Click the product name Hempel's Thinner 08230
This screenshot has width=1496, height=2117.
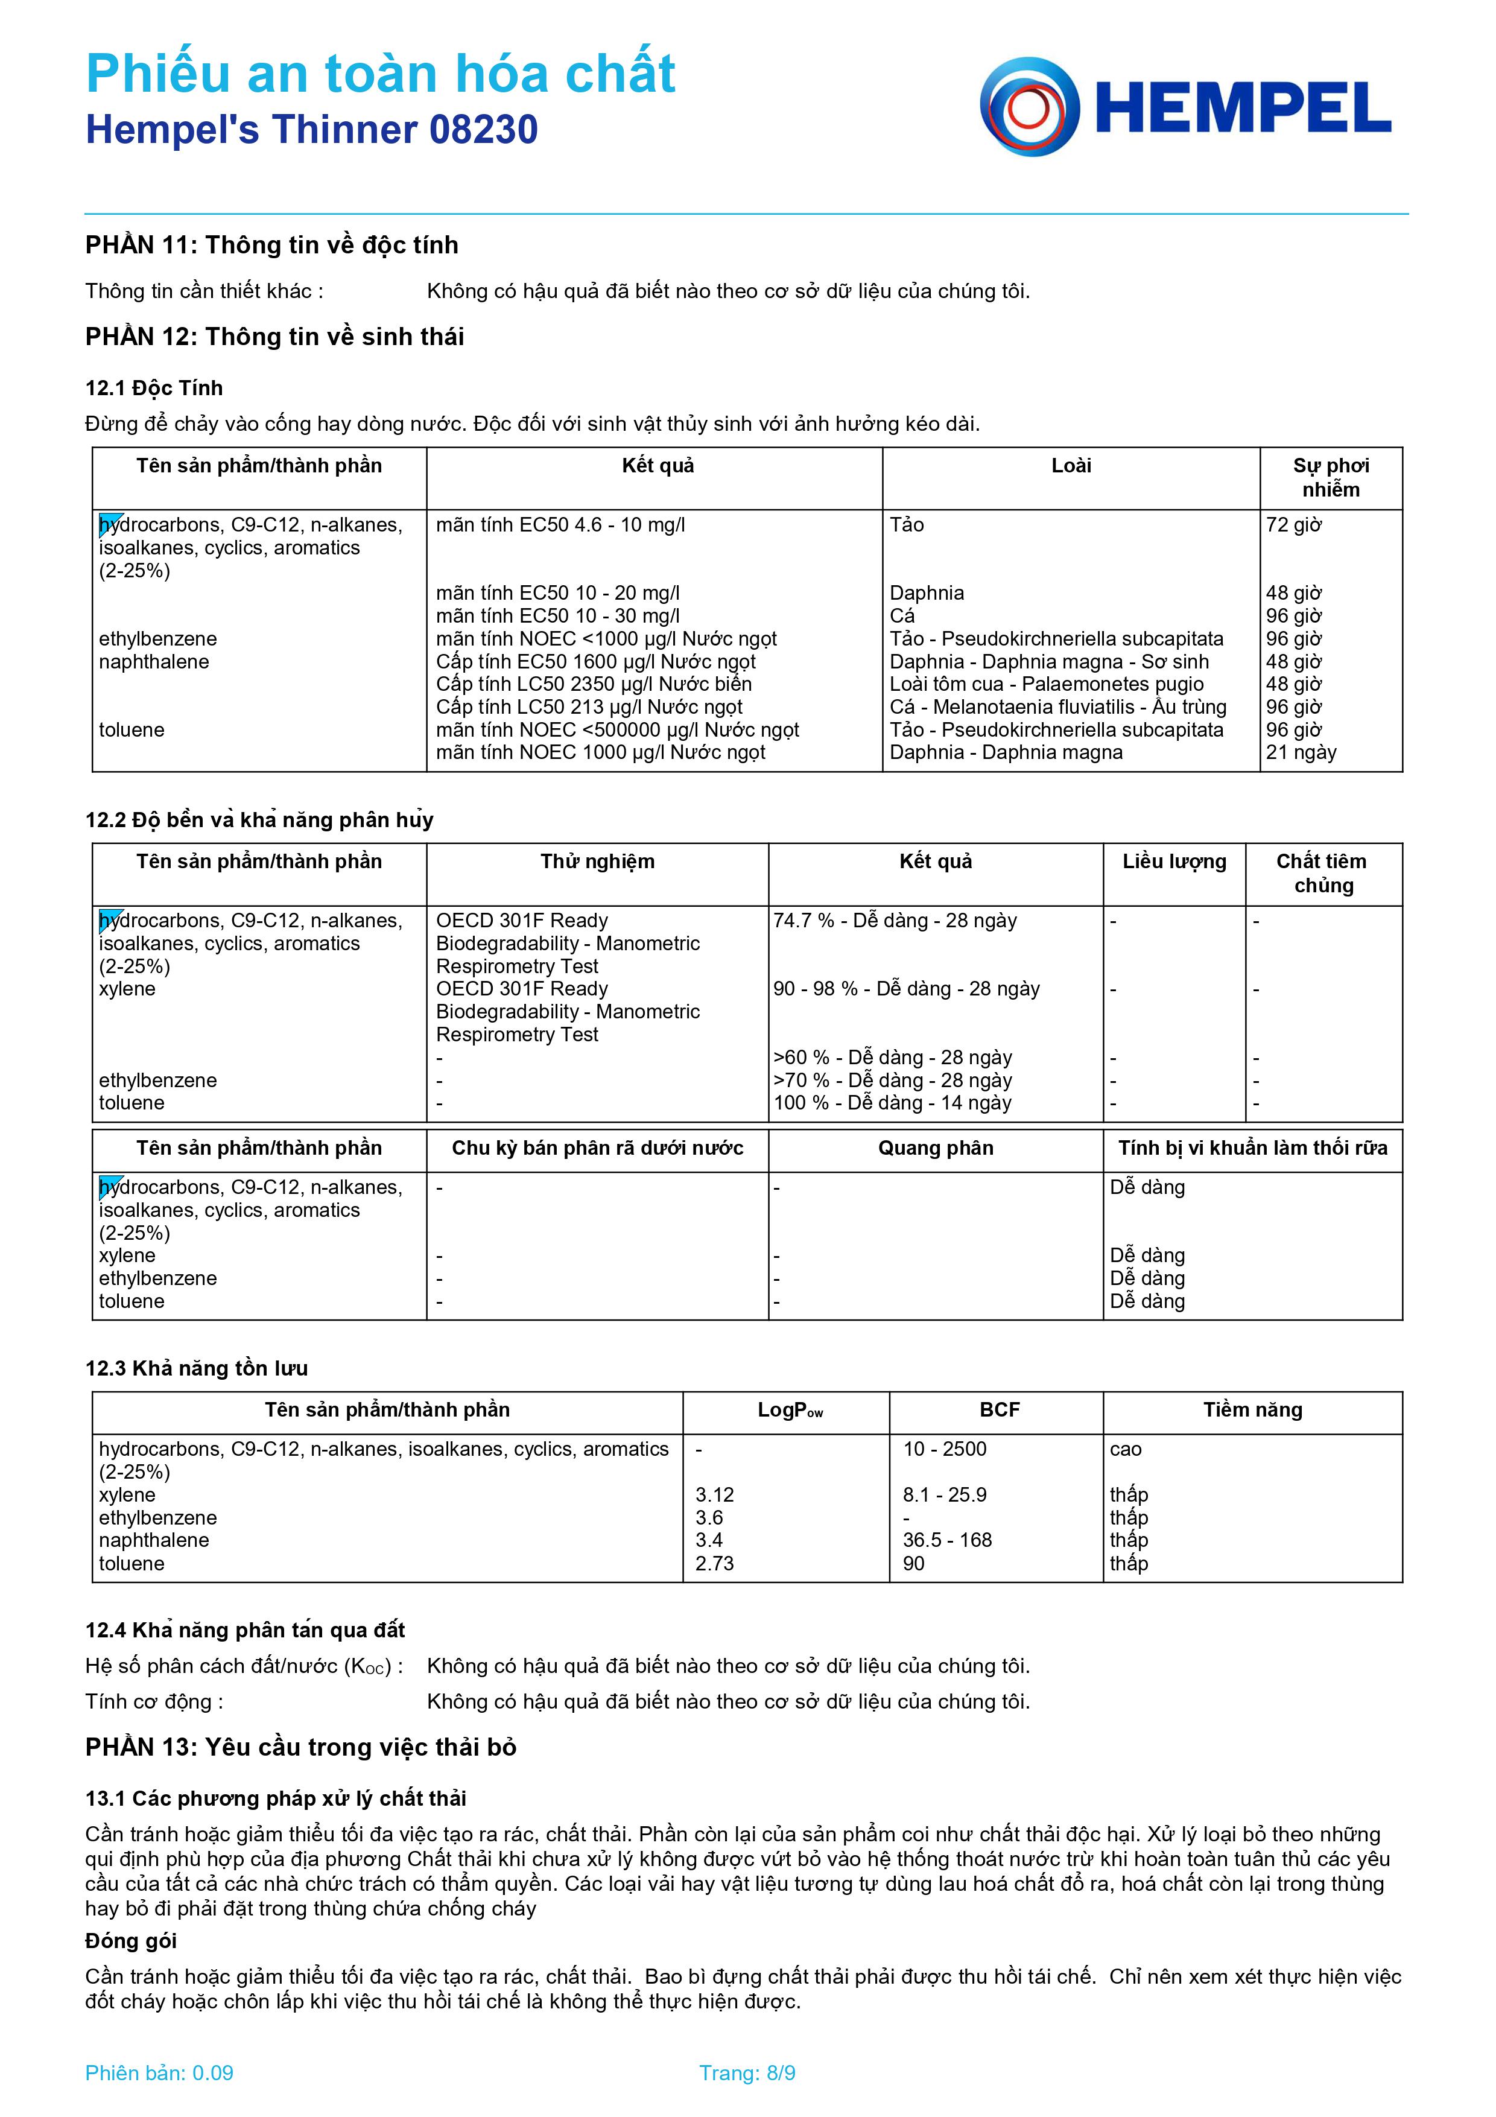click(x=311, y=130)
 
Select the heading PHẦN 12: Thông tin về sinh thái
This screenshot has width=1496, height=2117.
click(x=274, y=337)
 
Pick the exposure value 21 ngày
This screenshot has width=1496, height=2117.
click(x=1301, y=752)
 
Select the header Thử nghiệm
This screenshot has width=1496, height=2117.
click(x=597, y=861)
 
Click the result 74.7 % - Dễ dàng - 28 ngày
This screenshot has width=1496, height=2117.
click(x=894, y=920)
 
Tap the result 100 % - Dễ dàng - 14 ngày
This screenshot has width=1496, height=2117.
click(x=892, y=1103)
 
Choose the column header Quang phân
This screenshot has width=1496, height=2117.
click(x=936, y=1148)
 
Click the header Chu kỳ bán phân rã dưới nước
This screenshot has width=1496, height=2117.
click(x=597, y=1148)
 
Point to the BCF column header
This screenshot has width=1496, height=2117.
click(x=999, y=1410)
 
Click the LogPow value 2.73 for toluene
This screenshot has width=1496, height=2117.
click(x=714, y=1563)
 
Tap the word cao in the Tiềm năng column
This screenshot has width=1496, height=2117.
click(x=1126, y=1450)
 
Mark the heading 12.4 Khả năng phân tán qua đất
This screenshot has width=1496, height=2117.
click(x=245, y=1630)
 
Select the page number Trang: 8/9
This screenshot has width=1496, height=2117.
click(x=747, y=2073)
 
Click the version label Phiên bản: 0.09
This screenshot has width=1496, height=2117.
click(x=159, y=2073)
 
